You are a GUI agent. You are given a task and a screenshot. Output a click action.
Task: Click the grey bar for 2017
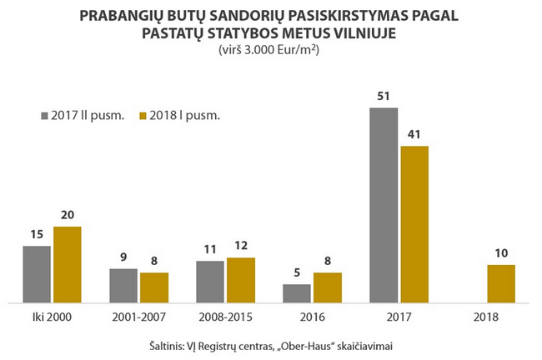[x=384, y=205]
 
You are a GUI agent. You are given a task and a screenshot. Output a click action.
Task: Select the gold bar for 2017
[x=414, y=223]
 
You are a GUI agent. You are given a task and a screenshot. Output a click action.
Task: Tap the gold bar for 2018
[x=501, y=283]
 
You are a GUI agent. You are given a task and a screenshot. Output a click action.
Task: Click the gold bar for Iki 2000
[x=68, y=264]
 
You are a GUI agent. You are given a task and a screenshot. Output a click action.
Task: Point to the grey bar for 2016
[x=297, y=292]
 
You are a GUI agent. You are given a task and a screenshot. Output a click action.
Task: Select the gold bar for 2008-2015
[x=241, y=280]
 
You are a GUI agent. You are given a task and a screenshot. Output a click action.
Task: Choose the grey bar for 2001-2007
[x=123, y=285]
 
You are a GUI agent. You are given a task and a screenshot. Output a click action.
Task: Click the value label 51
[x=384, y=97]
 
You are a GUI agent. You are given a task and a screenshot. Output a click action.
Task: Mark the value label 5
[x=297, y=272]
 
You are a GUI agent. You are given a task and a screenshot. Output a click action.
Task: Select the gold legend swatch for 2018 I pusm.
[x=143, y=115]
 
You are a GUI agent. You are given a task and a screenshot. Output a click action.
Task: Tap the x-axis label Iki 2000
[x=52, y=317]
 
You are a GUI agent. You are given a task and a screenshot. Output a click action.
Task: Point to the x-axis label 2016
[x=312, y=317]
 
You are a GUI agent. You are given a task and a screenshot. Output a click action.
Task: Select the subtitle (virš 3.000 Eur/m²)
[x=270, y=50]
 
